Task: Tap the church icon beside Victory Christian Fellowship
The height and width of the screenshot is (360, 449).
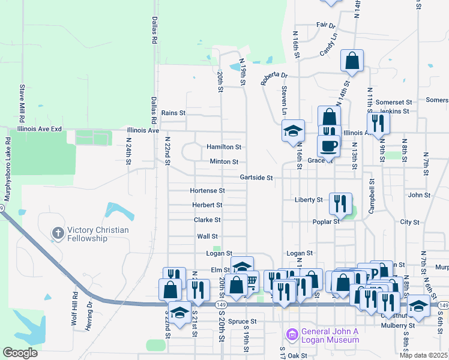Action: (58, 233)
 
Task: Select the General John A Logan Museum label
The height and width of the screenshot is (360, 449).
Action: (330, 335)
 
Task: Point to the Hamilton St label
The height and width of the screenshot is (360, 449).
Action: (224, 146)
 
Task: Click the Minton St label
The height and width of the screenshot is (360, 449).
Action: (224, 162)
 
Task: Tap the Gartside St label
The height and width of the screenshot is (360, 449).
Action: (256, 178)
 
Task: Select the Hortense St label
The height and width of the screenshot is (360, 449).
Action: (207, 191)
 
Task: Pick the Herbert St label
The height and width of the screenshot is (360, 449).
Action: (207, 205)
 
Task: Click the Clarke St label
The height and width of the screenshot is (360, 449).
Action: (208, 220)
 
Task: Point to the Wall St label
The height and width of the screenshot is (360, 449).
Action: (207, 236)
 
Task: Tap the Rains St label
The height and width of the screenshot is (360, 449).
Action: (173, 113)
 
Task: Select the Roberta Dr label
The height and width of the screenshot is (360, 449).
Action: (274, 76)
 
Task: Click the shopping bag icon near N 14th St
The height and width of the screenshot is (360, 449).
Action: (352, 60)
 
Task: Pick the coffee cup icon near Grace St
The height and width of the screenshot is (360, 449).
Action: (328, 146)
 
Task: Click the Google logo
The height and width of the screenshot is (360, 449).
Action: (20, 353)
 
